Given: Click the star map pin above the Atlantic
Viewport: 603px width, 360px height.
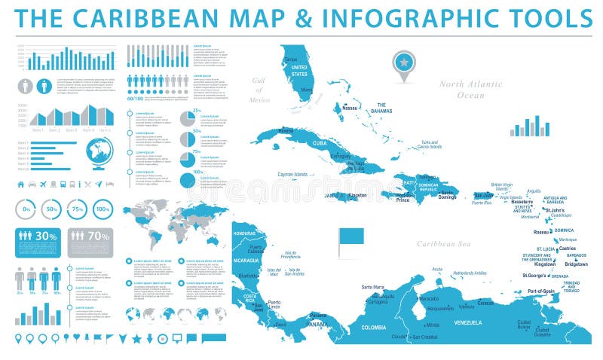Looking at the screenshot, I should tap(404, 62).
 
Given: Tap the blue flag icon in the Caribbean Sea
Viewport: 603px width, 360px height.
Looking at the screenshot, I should tap(351, 236).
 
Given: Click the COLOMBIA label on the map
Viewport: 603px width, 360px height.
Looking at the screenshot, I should tap(373, 327).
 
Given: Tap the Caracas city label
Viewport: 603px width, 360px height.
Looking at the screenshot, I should tap(485, 303).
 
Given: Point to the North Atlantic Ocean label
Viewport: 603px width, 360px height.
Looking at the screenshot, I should tap(472, 90).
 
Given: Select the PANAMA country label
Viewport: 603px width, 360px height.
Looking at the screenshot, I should tap(317, 324).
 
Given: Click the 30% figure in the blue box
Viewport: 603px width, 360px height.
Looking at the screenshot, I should tap(47, 236).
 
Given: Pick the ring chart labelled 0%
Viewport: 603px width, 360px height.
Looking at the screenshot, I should tap(26, 209).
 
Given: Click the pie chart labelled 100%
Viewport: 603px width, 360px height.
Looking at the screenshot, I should tap(188, 180).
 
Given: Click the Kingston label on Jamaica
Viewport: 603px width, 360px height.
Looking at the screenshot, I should tap(358, 196).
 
